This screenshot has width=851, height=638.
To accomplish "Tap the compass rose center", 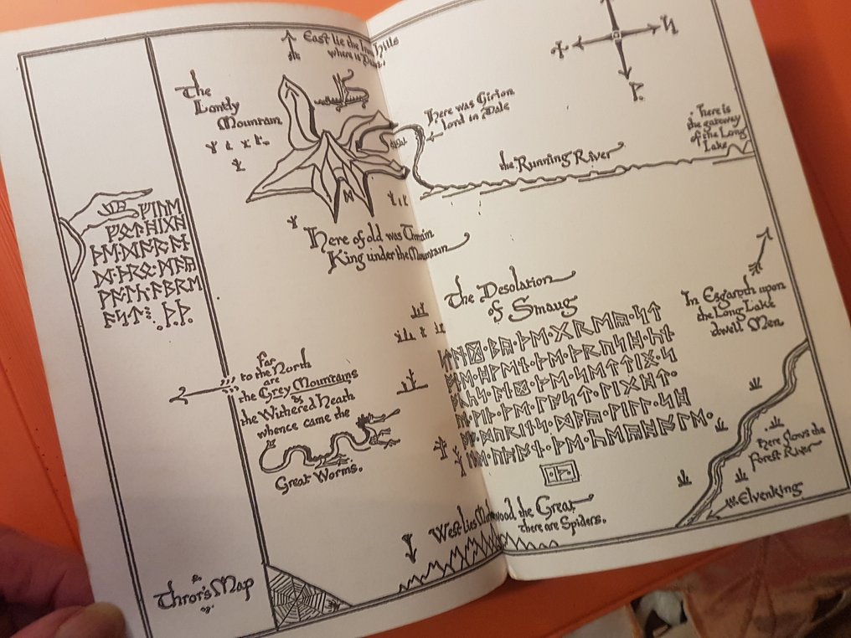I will tap(614, 35).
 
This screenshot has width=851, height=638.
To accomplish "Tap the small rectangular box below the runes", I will tap(558, 475).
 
